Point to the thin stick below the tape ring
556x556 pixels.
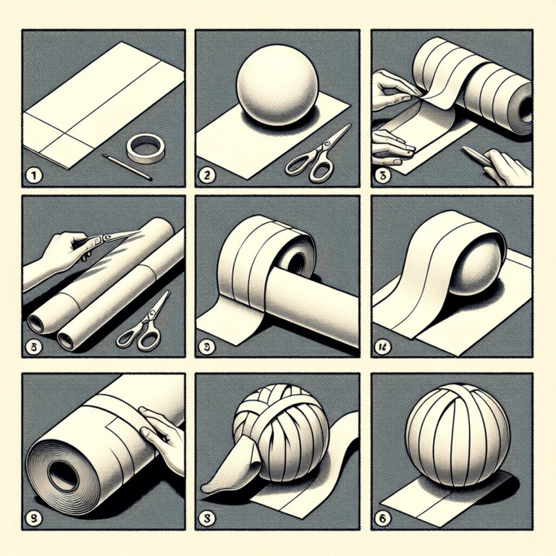click(127, 167)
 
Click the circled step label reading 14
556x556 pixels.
click(381, 349)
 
